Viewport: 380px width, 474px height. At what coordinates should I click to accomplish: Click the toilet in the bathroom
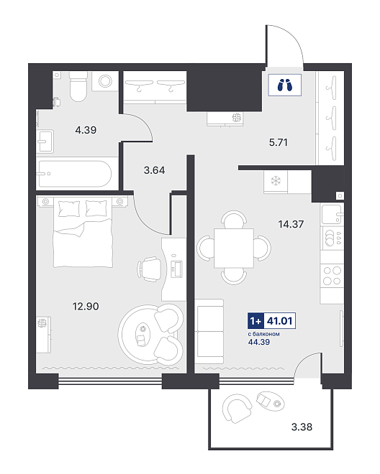[x=78, y=86]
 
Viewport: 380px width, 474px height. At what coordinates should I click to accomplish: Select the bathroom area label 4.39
[x=86, y=130]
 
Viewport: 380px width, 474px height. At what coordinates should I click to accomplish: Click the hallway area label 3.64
[x=154, y=170]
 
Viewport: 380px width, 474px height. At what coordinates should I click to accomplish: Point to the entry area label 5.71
[x=279, y=142]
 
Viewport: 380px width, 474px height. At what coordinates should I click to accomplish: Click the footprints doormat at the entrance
[x=284, y=85]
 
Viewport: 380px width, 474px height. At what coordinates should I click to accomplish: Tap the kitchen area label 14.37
[x=291, y=224]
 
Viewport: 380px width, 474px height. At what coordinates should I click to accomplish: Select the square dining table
[x=234, y=248]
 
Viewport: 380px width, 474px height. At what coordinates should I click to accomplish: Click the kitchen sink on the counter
[x=332, y=214]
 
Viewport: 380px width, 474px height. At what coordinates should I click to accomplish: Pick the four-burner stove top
[x=332, y=276]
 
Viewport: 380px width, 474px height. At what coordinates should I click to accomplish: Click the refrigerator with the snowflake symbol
[x=276, y=182]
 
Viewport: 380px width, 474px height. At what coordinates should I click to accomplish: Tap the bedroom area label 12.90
[x=86, y=306]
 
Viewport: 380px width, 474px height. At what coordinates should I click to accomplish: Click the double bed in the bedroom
[x=83, y=232]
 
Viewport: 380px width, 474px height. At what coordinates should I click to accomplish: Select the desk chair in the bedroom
[x=150, y=269]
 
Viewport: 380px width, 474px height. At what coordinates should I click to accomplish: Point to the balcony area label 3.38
[x=302, y=427]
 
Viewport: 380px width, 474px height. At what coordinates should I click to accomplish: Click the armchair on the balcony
[x=237, y=407]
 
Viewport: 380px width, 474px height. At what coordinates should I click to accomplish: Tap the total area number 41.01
[x=279, y=320]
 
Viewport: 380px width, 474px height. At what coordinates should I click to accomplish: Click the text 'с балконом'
[x=263, y=334]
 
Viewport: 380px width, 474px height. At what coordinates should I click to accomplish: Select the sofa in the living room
[x=209, y=332]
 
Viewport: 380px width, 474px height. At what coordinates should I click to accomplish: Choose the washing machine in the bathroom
[x=105, y=81]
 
